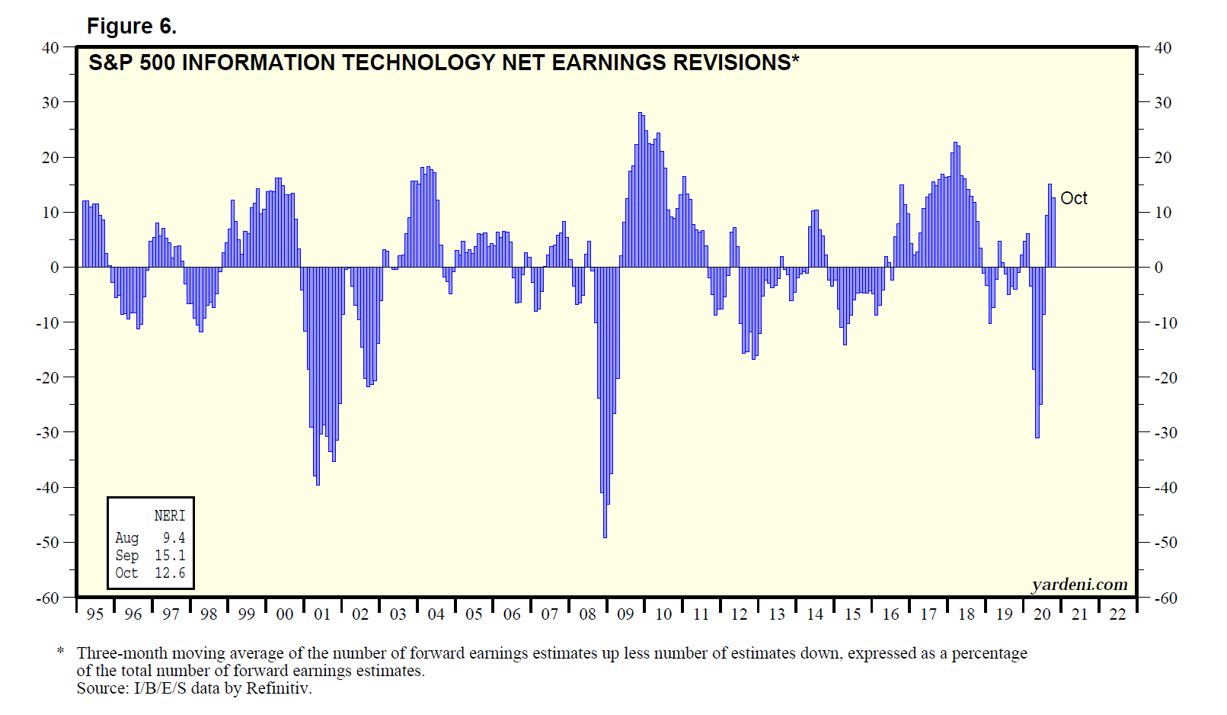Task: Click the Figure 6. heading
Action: click(x=131, y=27)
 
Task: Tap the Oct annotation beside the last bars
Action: click(x=1073, y=199)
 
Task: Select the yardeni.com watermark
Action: click(x=1079, y=585)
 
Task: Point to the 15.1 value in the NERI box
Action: click(x=170, y=556)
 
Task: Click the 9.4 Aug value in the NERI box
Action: click(x=174, y=538)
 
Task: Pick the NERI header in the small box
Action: click(x=169, y=516)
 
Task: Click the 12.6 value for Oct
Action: click(x=170, y=573)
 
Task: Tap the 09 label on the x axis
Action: click(x=625, y=614)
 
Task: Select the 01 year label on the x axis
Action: click(x=322, y=614)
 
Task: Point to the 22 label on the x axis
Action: click(x=1117, y=614)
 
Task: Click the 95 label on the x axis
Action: click(x=95, y=614)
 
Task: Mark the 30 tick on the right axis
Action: click(x=1163, y=103)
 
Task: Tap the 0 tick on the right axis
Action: click(x=1158, y=268)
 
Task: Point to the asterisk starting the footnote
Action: click(x=60, y=652)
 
